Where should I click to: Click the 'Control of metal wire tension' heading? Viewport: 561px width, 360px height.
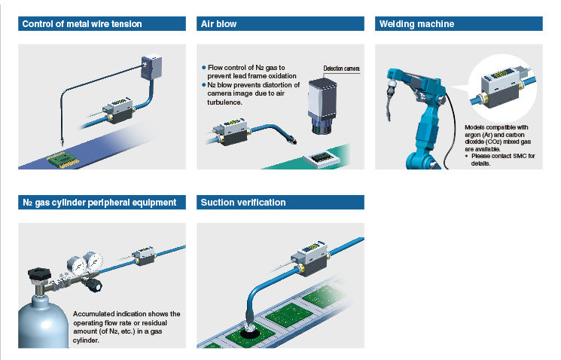tap(82, 24)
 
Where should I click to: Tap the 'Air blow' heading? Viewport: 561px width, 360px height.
tap(218, 24)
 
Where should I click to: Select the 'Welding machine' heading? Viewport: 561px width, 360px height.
tap(417, 24)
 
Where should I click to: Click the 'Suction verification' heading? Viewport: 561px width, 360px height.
tap(243, 203)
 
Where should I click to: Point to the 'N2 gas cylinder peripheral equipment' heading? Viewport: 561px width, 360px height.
tap(99, 203)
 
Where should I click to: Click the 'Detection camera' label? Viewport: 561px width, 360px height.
tap(341, 69)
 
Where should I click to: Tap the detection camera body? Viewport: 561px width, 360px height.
tap(322, 106)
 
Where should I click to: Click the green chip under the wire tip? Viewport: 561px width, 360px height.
tap(63, 160)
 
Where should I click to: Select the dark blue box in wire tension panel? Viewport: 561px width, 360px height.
tap(151, 67)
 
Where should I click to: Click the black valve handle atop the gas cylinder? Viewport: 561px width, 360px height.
tap(39, 273)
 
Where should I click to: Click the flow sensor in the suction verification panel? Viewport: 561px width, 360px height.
tap(309, 258)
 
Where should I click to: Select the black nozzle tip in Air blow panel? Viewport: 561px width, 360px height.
tap(293, 140)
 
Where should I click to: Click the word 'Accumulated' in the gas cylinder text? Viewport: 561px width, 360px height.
tap(91, 314)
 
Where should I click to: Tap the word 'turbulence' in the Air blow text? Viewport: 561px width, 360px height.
tap(224, 102)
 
